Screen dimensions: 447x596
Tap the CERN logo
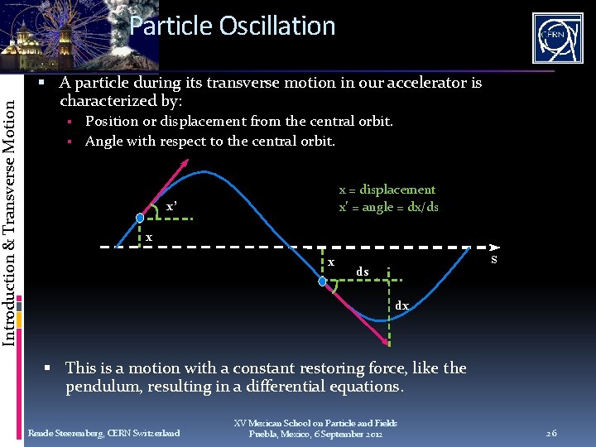pyautogui.click(x=557, y=37)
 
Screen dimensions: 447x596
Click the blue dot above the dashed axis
pyautogui.click(x=141, y=219)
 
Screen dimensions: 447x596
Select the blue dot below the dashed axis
pyautogui.click(x=322, y=281)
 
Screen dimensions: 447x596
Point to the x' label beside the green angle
pyautogui.click(x=171, y=206)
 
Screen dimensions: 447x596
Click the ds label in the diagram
pyautogui.click(x=363, y=272)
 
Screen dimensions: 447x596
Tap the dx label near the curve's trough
pyautogui.click(x=401, y=305)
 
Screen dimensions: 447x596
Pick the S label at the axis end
pyautogui.click(x=493, y=260)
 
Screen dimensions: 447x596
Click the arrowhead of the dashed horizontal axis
pyautogui.click(x=494, y=247)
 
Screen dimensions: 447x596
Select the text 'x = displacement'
pyautogui.click(x=387, y=190)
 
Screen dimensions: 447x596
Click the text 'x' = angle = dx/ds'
pyautogui.click(x=388, y=207)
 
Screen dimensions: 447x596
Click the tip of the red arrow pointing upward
pyautogui.click(x=185, y=170)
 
